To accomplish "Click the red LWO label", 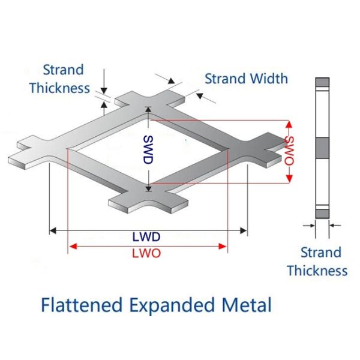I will pos(147,253).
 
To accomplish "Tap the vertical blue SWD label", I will pos(148,149).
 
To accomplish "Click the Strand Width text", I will pos(246,78).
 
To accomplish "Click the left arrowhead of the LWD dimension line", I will pos(52,230).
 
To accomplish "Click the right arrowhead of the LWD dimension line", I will pos(244,230).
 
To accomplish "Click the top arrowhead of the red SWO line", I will pos(289,124).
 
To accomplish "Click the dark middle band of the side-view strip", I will pos(323,146).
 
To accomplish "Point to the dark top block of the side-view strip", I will pos(323,82).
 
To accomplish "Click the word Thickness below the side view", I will pos(317,270).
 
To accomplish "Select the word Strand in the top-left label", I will pos(64,70).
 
